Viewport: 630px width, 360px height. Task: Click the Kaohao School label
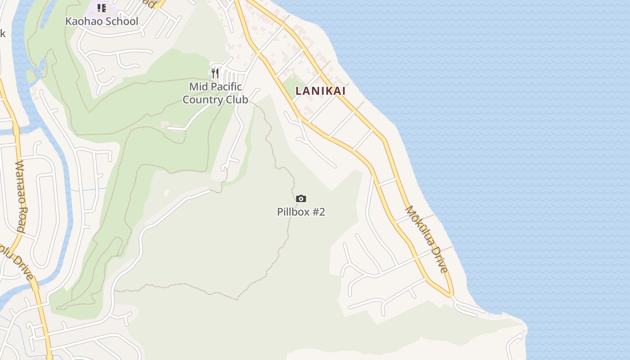pyautogui.click(x=102, y=21)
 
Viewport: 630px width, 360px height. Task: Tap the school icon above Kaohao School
pyautogui.click(x=102, y=8)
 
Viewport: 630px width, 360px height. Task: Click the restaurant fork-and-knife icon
pyautogui.click(x=215, y=73)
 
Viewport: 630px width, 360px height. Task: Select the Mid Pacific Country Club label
pyautogui.click(x=215, y=93)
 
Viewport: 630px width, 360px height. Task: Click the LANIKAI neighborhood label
pyautogui.click(x=320, y=91)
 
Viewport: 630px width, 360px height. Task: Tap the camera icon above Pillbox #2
pyautogui.click(x=301, y=199)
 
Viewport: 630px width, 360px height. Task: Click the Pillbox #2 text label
pyautogui.click(x=301, y=211)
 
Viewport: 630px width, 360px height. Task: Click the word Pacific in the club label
pyautogui.click(x=228, y=86)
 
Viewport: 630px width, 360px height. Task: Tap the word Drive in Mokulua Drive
pyautogui.click(x=437, y=256)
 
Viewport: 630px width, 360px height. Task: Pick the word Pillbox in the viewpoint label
pyautogui.click(x=292, y=211)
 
